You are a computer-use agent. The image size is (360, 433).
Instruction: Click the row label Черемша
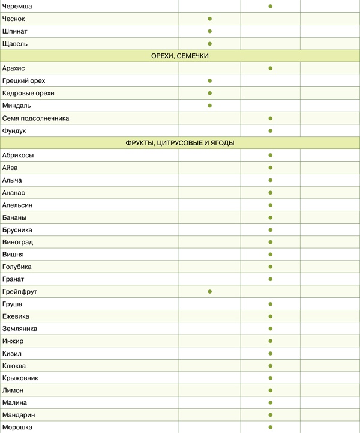click(17, 6)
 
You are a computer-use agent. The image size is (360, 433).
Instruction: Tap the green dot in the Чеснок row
click(210, 19)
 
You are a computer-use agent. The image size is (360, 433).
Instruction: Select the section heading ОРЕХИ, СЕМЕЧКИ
click(179, 56)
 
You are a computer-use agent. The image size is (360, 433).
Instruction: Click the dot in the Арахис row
click(271, 68)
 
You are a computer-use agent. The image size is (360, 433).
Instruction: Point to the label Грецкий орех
click(23, 80)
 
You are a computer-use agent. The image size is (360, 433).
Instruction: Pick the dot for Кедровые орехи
click(210, 93)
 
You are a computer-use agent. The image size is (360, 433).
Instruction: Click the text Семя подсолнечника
click(35, 118)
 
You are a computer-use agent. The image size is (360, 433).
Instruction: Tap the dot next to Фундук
click(271, 130)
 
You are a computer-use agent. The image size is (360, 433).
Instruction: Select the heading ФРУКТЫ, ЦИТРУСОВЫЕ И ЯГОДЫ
click(179, 143)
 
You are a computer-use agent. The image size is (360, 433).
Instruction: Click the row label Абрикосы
click(18, 155)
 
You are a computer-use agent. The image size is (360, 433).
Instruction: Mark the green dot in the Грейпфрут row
click(210, 291)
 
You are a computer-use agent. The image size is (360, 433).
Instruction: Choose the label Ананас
click(14, 192)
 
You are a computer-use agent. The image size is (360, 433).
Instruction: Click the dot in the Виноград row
click(271, 242)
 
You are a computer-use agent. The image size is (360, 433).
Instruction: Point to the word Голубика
click(17, 267)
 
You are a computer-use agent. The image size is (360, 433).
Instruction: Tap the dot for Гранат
click(271, 279)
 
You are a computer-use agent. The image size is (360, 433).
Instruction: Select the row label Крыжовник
click(20, 378)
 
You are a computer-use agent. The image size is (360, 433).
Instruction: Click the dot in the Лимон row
click(271, 390)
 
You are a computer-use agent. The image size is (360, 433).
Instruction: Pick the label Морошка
click(17, 428)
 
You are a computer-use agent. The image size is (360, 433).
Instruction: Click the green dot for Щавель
click(210, 43)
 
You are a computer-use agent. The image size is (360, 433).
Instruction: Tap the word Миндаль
click(16, 106)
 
